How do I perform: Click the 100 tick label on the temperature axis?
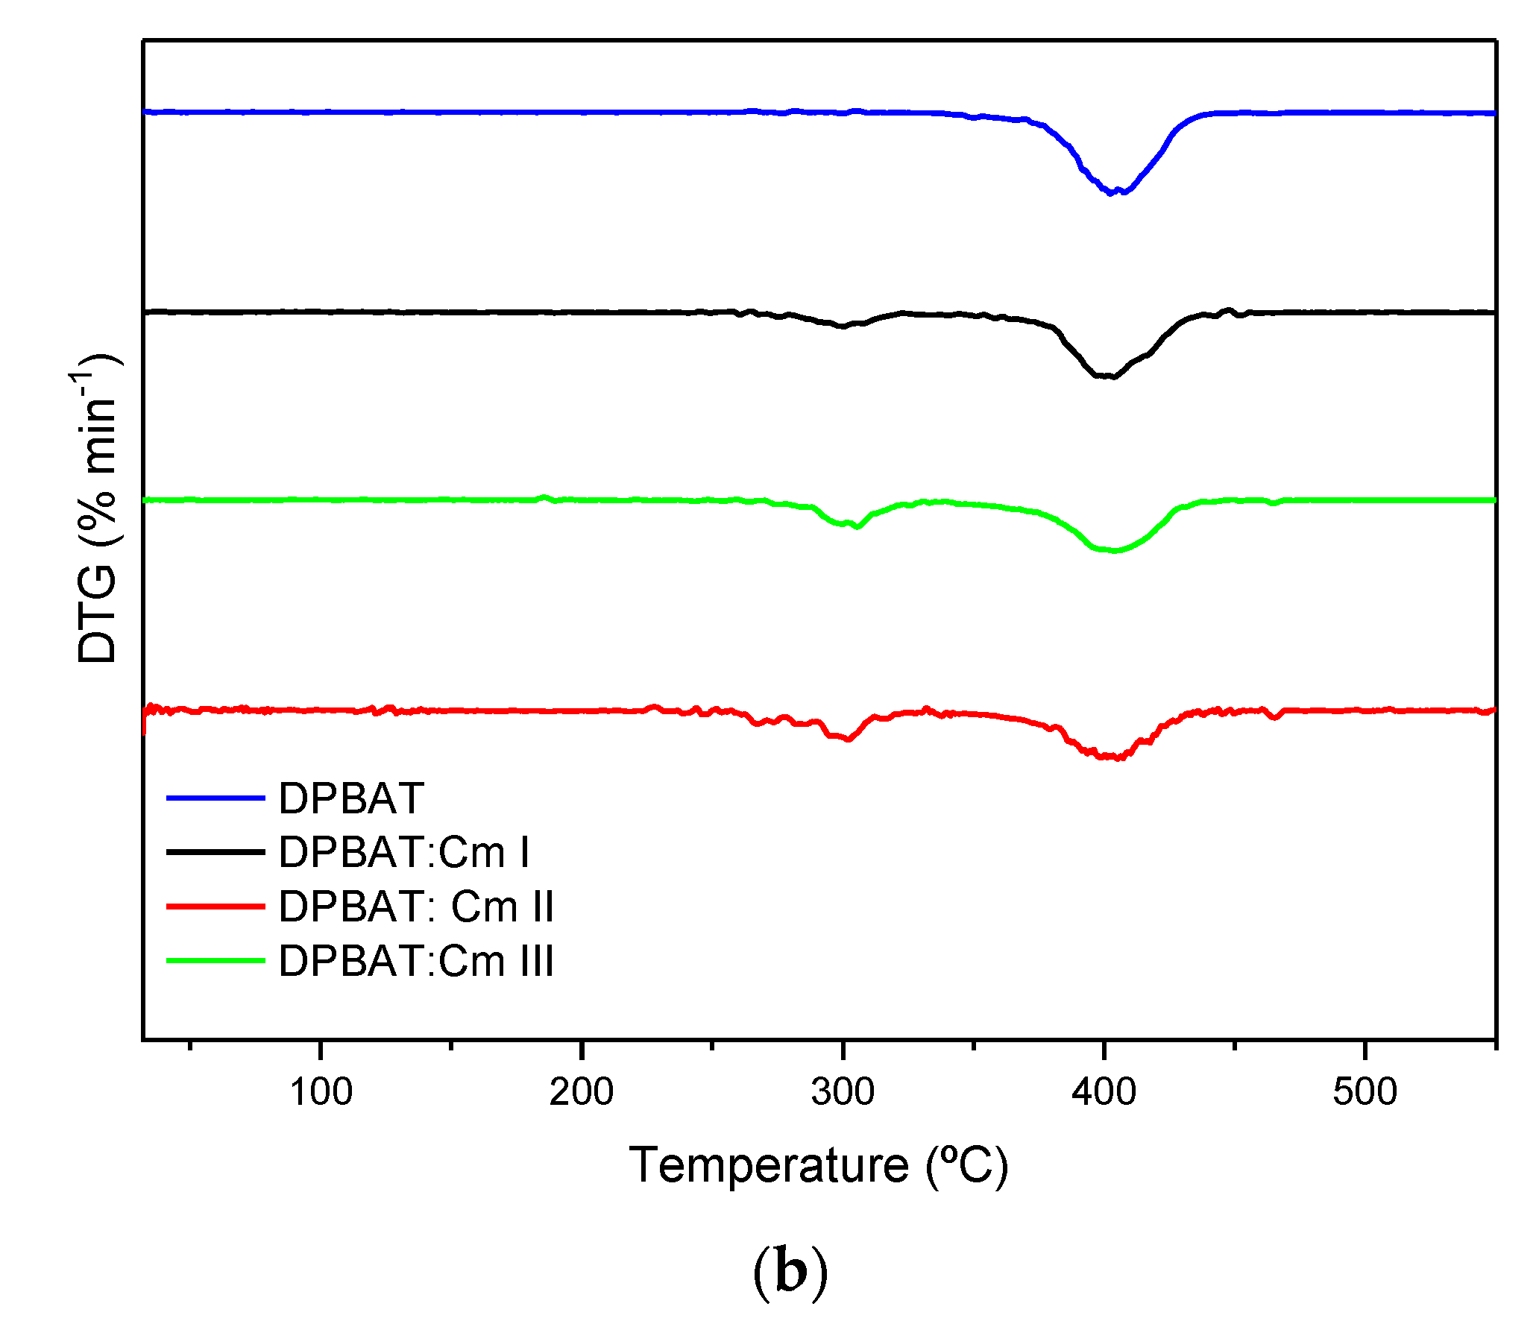pyautogui.click(x=321, y=1093)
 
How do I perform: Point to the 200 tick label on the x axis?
pyautogui.click(x=582, y=1093)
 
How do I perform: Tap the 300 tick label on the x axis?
pyautogui.click(x=843, y=1093)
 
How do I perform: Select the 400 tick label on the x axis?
pyautogui.click(x=1104, y=1093)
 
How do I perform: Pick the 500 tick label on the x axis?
pyautogui.click(x=1365, y=1093)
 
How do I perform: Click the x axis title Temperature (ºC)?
pyautogui.click(x=818, y=1165)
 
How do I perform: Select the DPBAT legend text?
pyautogui.click(x=351, y=798)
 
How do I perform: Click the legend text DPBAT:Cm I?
pyautogui.click(x=403, y=852)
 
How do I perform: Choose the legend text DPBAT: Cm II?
pyautogui.click(x=416, y=907)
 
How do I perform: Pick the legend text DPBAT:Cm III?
pyautogui.click(x=416, y=961)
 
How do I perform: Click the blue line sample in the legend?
pyautogui.click(x=215, y=798)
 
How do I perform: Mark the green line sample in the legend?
pyautogui.click(x=215, y=961)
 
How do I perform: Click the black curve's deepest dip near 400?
pyautogui.click(x=1111, y=376)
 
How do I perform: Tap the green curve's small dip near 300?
pyautogui.click(x=856, y=526)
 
